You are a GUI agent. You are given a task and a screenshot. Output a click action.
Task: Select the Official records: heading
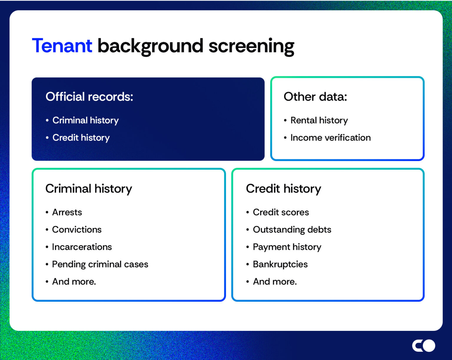tap(89, 97)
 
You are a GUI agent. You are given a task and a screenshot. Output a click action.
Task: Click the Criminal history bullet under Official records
tap(85, 120)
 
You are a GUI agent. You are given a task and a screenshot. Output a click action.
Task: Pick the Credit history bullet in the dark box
tap(81, 138)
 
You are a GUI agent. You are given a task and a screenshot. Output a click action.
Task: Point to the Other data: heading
tap(315, 97)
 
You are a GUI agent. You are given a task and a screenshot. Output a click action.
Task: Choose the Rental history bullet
tap(319, 120)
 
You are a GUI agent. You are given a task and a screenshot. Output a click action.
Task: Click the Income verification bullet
tap(330, 138)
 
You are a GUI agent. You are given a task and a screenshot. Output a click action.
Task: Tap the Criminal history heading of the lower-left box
tap(89, 189)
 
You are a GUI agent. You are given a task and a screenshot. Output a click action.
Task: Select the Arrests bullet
tap(67, 212)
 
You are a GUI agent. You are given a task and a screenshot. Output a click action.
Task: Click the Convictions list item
tap(77, 230)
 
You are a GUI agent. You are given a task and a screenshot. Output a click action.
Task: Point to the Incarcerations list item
tap(82, 247)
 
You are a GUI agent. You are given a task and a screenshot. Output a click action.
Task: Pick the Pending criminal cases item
tap(100, 264)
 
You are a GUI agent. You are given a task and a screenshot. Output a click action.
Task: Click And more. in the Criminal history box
tap(74, 282)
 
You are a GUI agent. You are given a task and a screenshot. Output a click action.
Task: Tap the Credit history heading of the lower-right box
tap(283, 189)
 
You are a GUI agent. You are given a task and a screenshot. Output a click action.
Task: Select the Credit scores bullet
tap(281, 212)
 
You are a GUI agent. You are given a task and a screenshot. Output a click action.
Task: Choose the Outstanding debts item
tap(292, 230)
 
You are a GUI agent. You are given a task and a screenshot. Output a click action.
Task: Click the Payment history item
tap(287, 247)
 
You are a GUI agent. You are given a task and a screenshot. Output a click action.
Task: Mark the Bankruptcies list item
tap(280, 264)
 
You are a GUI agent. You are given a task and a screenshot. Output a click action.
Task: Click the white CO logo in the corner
tap(423, 346)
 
